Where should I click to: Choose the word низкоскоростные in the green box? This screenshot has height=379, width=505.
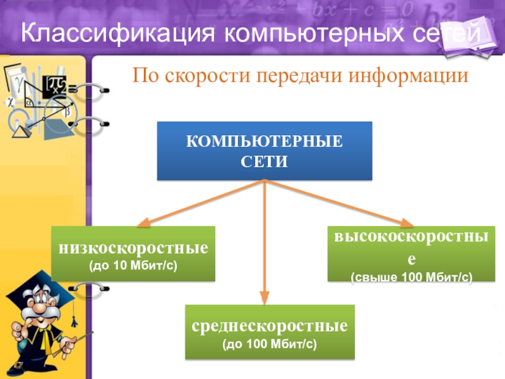133,247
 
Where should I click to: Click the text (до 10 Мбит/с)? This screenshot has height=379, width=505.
133,264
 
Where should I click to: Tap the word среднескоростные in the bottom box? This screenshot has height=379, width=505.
270,327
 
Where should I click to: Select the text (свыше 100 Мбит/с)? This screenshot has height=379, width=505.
412,277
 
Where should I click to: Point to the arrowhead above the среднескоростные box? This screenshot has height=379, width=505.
265,298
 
